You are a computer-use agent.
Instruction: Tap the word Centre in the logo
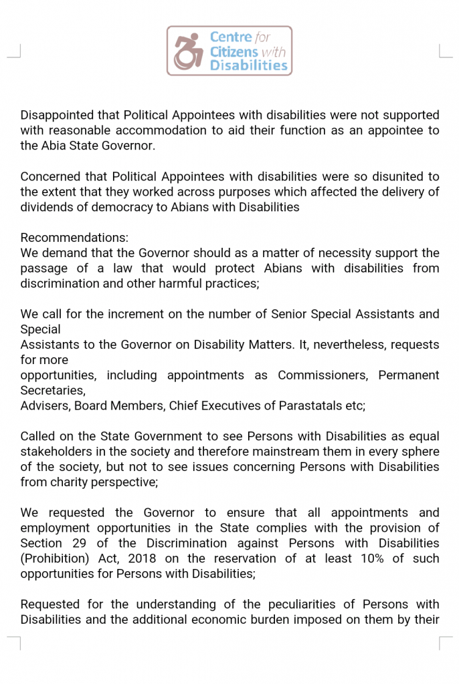point(231,37)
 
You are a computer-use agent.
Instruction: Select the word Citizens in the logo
point(234,51)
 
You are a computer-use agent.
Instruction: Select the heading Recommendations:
point(74,238)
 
